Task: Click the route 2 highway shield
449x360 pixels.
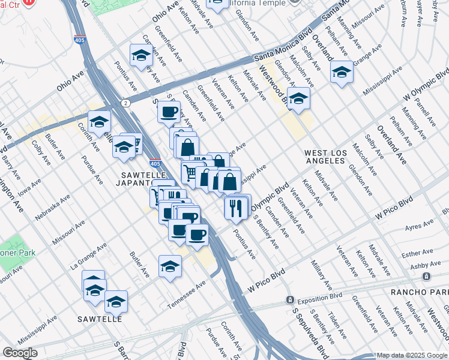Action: pos(125,103)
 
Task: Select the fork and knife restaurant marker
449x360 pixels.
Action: pos(234,207)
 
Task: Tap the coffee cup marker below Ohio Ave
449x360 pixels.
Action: pos(169,111)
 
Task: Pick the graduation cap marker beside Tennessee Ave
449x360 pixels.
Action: pos(170,266)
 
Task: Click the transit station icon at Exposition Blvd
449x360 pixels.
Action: pos(289,299)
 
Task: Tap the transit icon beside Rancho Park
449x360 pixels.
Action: pos(426,277)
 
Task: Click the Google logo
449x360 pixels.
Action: pos(20,353)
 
